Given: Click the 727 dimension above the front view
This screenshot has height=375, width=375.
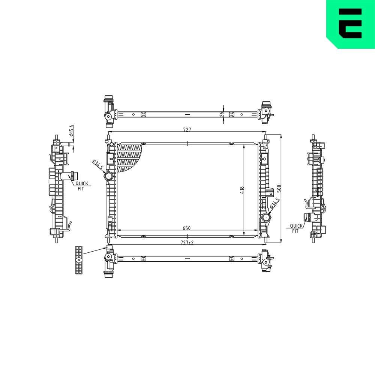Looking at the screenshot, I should pyautogui.click(x=187, y=130).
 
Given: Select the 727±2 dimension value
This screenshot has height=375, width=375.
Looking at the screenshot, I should pyautogui.click(x=187, y=242).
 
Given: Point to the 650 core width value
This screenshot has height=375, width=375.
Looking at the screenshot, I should pyautogui.click(x=187, y=227).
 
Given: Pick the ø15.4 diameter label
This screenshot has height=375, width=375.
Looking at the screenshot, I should pyautogui.click(x=70, y=130).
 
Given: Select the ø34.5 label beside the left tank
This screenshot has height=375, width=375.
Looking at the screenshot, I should pyautogui.click(x=97, y=164).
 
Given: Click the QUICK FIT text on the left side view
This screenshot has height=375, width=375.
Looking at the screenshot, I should pyautogui.click(x=81, y=186).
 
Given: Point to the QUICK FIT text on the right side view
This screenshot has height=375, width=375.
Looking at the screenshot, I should pyautogui.click(x=295, y=228).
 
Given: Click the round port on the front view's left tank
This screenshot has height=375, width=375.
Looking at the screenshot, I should pyautogui.click(x=109, y=176).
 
